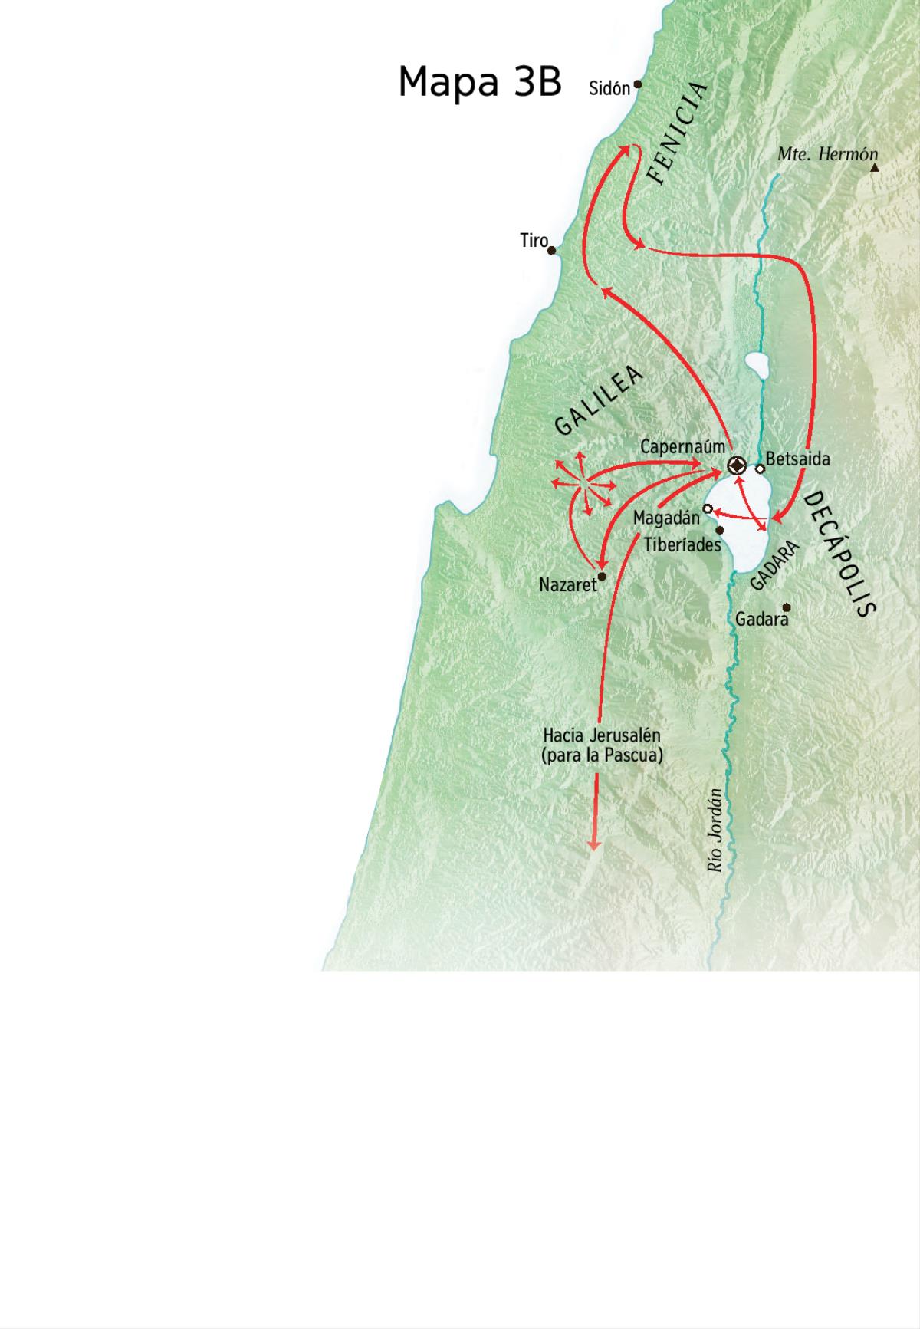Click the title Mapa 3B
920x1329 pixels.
(480, 81)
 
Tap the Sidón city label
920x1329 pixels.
(609, 88)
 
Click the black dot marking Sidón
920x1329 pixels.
(637, 85)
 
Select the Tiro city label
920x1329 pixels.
(534, 241)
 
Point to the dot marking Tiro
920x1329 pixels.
(551, 250)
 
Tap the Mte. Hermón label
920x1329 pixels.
(827, 154)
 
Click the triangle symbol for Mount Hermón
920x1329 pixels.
(874, 166)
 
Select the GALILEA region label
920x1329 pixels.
(599, 400)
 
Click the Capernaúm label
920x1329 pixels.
(682, 446)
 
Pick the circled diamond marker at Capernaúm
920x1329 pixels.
(736, 465)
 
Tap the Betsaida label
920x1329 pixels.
(798, 459)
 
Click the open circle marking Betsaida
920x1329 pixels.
(760, 469)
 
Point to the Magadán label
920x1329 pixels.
(666, 518)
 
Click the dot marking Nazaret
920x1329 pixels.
(602, 577)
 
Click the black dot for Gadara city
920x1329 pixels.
(786, 607)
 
